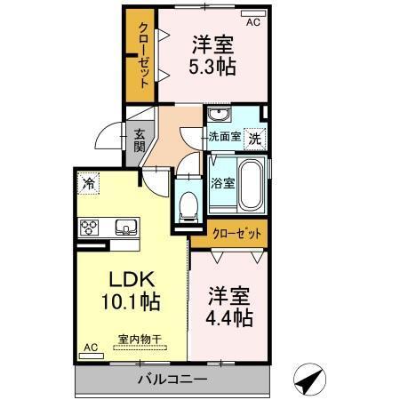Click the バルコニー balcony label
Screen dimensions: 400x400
tap(172, 380)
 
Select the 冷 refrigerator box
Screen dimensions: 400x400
tap(89, 183)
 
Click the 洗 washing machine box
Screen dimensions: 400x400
tap(254, 139)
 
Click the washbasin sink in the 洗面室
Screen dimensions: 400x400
tap(219, 116)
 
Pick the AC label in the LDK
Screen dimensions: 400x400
tap(90, 347)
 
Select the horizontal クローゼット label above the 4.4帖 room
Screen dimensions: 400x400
tap(238, 233)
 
